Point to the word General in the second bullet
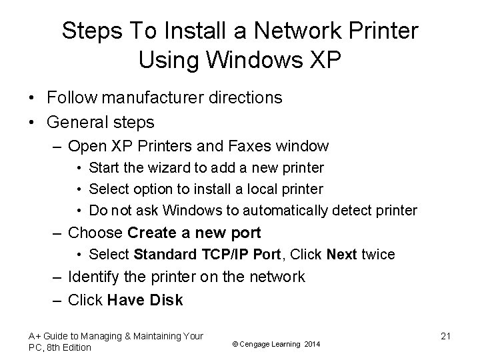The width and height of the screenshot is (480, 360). click(74, 123)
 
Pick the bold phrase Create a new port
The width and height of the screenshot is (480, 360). click(193, 233)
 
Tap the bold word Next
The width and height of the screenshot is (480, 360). click(343, 255)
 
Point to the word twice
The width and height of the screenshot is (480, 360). click(377, 255)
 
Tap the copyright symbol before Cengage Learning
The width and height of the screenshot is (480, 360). click(235, 344)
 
